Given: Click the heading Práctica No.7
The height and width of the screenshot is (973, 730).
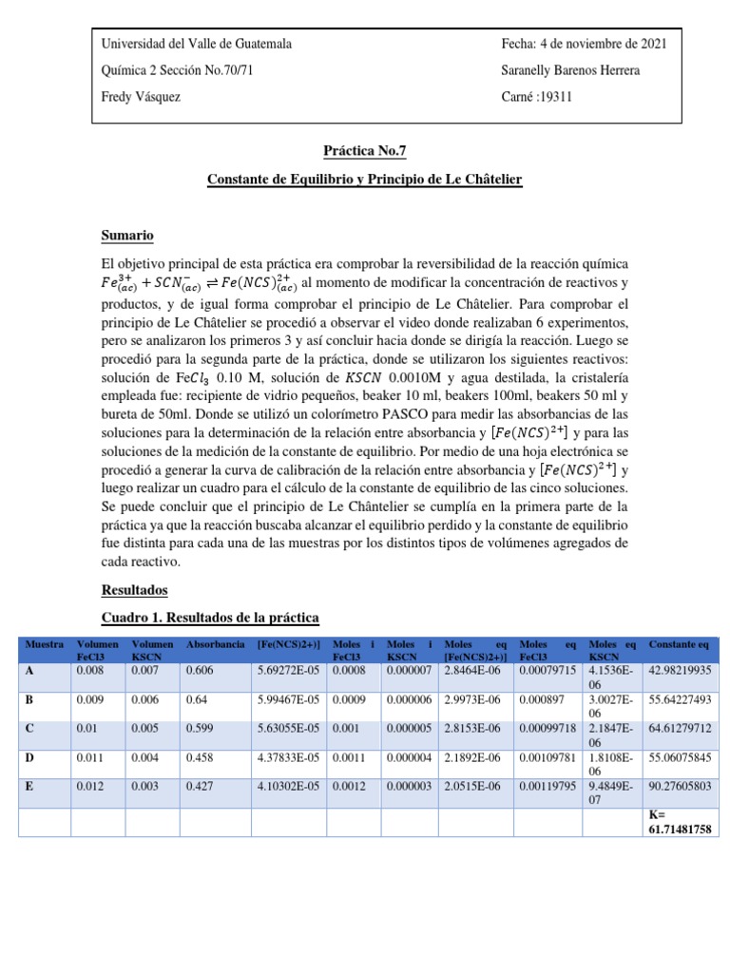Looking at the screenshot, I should coord(365,149).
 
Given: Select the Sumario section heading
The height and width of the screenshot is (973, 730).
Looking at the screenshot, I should coord(126,235).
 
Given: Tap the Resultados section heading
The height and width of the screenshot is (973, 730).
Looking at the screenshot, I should coord(134,590).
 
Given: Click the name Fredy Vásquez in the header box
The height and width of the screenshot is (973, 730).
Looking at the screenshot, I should coord(141,97).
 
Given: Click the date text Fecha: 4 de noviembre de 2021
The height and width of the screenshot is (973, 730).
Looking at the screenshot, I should coord(583,44).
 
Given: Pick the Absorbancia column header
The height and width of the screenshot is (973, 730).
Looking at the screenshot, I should coord(216,645).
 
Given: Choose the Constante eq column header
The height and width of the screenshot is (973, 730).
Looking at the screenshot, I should coord(679,645).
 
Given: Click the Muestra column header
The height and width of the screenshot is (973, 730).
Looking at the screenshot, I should coord(45,645).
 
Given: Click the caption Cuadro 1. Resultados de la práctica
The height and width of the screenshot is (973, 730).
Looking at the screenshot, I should coord(210,618).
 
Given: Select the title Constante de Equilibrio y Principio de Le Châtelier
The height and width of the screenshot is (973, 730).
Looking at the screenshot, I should coord(365,179).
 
